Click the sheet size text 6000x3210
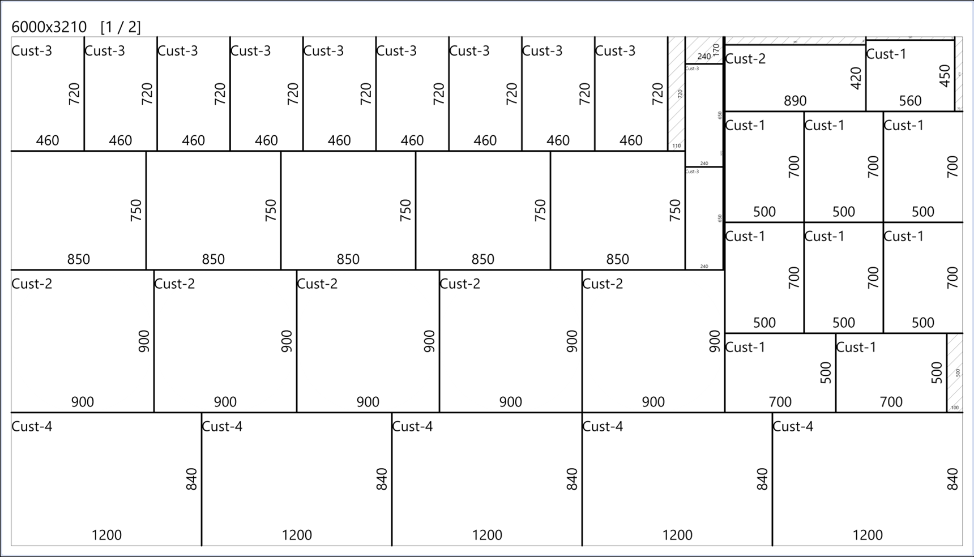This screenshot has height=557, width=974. pyautogui.click(x=49, y=27)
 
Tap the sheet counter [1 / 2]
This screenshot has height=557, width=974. pyautogui.click(x=121, y=27)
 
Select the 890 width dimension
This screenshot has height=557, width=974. pyautogui.click(x=795, y=101)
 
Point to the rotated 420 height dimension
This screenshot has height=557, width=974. pyautogui.click(x=856, y=78)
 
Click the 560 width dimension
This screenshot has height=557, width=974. pyautogui.click(x=910, y=101)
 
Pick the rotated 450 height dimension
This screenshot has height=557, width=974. pyautogui.click(x=944, y=76)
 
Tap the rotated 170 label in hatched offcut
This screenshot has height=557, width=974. pyautogui.click(x=716, y=49)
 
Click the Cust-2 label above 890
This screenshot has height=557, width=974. pyautogui.click(x=745, y=59)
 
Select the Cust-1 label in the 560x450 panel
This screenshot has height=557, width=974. pyautogui.click(x=886, y=54)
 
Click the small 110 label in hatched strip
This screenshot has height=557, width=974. pyautogui.click(x=677, y=145)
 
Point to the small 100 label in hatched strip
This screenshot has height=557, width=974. pyautogui.click(x=955, y=408)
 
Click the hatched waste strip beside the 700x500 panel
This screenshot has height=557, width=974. pyautogui.click(x=955, y=368)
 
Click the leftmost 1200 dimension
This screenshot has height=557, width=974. pyautogui.click(x=106, y=535)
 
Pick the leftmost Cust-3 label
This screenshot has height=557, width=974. pyautogui.click(x=32, y=51)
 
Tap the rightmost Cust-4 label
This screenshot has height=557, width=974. pyautogui.click(x=793, y=426)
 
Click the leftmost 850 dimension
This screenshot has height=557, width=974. pyautogui.click(x=78, y=259)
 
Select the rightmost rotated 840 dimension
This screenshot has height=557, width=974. pyautogui.click(x=952, y=479)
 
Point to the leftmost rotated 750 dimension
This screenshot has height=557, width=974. pyautogui.click(x=136, y=210)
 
